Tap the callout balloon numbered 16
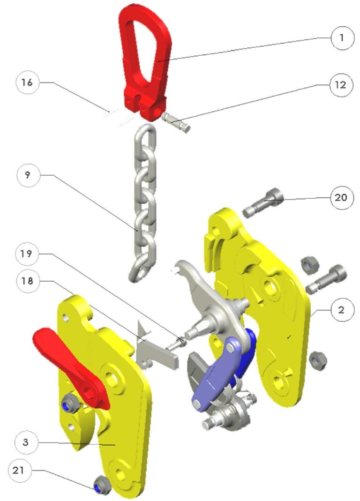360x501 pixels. [27, 83]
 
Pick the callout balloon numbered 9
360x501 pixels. [27, 175]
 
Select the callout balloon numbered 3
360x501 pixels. [27, 442]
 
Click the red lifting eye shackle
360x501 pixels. [141, 61]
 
